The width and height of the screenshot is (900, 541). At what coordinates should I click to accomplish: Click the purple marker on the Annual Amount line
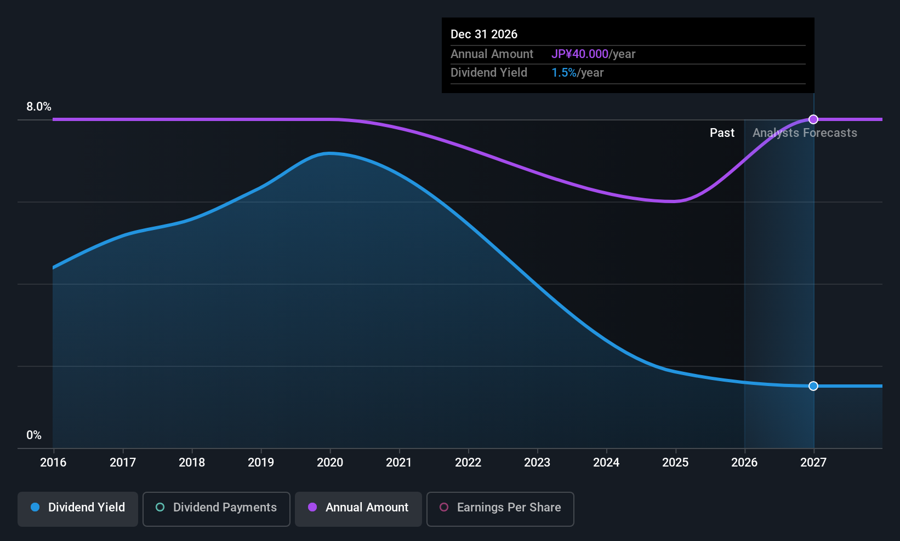point(813,119)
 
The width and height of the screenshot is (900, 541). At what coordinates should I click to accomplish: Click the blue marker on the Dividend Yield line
point(813,385)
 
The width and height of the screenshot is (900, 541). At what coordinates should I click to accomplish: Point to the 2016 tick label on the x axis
point(53,462)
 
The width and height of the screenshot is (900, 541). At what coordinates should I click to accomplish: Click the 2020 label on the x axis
point(330,462)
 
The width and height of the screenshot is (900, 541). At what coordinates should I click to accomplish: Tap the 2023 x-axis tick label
point(537,462)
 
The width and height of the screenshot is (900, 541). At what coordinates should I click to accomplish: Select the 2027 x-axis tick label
point(813,462)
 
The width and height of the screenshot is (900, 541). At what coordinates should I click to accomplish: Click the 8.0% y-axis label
point(38,107)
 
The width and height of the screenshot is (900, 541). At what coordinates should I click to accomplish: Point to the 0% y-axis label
point(34,435)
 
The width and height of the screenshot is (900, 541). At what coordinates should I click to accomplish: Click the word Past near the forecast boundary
point(722,133)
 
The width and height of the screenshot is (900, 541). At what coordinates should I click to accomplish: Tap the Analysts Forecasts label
point(805,133)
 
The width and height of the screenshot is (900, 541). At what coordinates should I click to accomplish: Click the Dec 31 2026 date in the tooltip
point(484,34)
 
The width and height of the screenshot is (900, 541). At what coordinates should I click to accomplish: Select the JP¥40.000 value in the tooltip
point(580,54)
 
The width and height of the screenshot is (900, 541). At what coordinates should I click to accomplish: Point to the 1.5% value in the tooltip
point(564,73)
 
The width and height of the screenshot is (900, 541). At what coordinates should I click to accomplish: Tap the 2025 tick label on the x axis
point(675,462)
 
